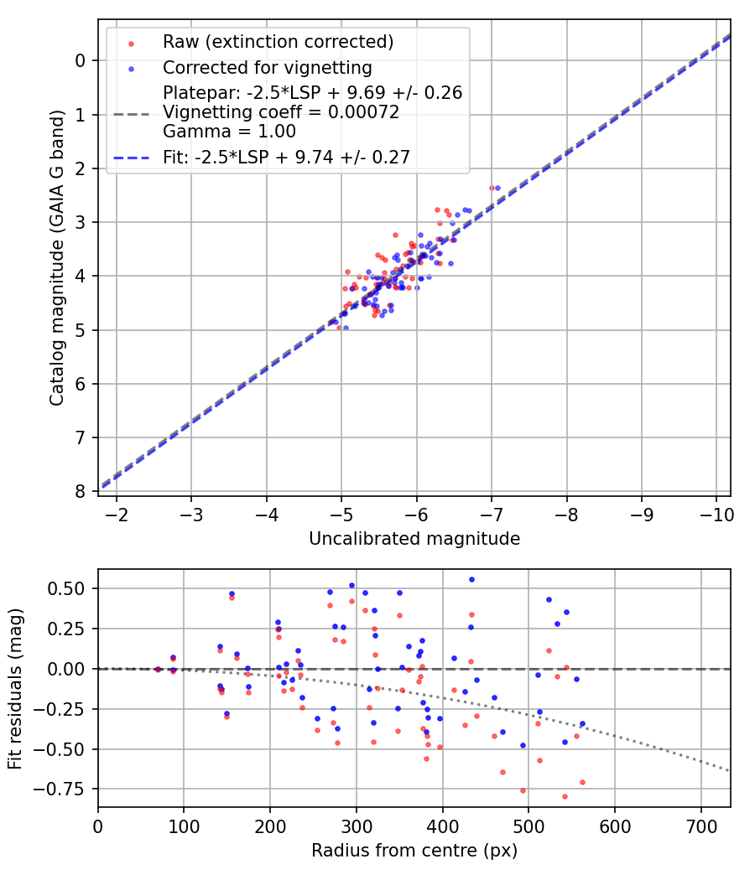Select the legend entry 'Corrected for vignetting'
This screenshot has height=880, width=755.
(268, 67)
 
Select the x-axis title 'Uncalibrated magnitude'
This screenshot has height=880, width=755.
(414, 539)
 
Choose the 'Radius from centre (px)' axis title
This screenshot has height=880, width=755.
(414, 851)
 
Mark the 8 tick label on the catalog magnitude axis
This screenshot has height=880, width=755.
(81, 492)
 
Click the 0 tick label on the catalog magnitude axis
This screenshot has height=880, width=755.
(81, 60)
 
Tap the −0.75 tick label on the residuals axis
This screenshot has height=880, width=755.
(67, 789)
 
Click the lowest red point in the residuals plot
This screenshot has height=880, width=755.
(565, 796)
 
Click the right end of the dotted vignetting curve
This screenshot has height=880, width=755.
(729, 770)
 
